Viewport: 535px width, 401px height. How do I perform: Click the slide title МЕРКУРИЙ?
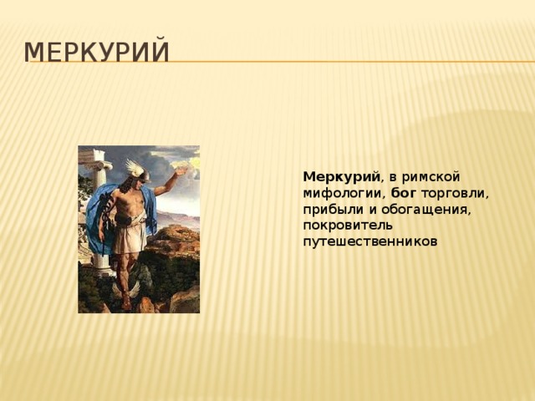(x=97, y=52)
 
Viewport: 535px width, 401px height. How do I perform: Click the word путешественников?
(x=369, y=241)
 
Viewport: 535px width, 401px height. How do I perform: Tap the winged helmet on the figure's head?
(x=135, y=170)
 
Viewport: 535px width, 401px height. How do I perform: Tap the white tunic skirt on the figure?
(x=130, y=237)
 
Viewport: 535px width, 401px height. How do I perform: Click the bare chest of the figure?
(x=134, y=200)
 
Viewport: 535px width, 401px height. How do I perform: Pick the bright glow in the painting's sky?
(x=189, y=160)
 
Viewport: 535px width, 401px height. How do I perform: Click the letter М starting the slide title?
(x=34, y=52)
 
